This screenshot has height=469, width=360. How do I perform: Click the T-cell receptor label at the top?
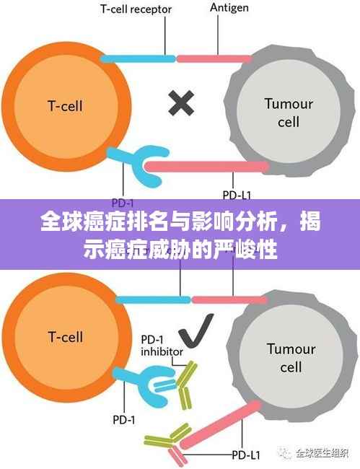[x=137, y=9]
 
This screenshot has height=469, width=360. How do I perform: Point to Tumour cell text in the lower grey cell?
[x=291, y=357]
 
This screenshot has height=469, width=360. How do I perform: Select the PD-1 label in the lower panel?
[x=123, y=419]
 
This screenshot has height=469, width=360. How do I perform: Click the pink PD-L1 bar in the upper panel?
[x=209, y=167]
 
